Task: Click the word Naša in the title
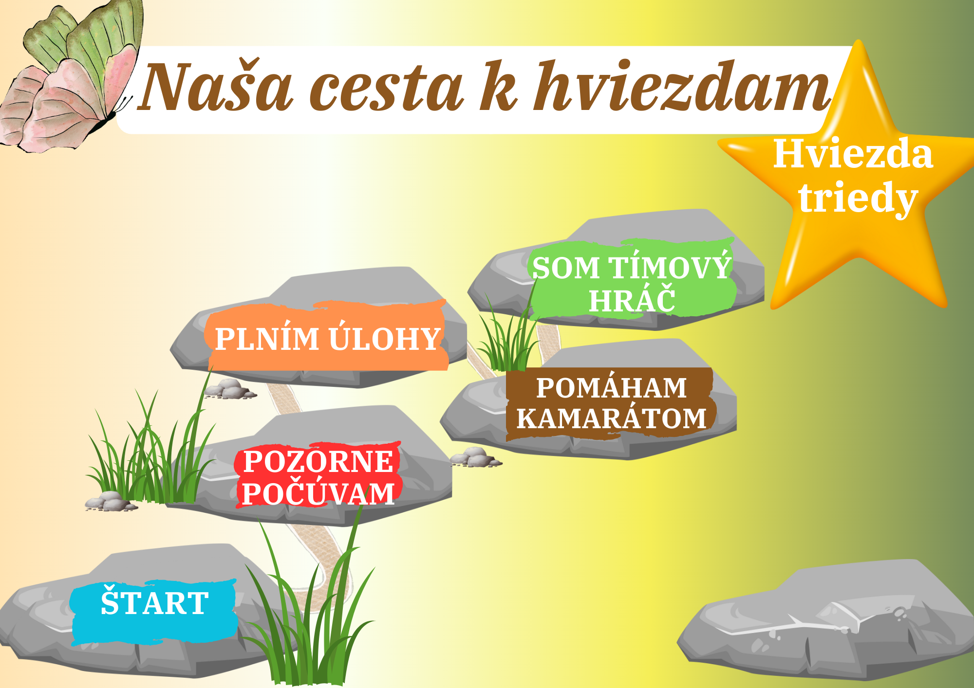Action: pos(216,87)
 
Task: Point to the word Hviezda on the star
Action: pos(853,154)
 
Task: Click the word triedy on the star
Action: pos(858,199)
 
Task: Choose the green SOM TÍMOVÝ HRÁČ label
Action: pos(632,279)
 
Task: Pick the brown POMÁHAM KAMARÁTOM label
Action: pos(611,403)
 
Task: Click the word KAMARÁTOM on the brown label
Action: pos(611,418)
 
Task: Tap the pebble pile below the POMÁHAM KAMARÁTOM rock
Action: pos(475,457)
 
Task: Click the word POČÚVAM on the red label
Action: pos(318,493)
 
